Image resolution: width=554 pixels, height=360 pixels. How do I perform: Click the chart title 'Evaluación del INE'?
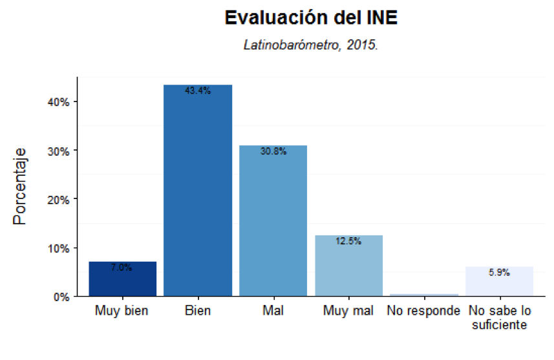coord(310,18)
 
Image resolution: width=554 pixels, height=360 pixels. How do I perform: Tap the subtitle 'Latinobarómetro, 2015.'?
coord(310,45)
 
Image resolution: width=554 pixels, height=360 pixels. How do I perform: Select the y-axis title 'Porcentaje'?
coord(21,187)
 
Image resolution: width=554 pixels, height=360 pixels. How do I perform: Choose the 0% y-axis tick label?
coord(62,297)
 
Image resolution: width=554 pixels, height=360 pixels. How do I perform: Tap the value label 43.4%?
coord(198,91)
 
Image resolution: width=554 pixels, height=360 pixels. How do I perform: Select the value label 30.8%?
coord(273,152)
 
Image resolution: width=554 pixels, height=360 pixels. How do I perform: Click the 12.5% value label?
coord(348,241)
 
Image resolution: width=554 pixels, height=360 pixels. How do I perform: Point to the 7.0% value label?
coord(122,268)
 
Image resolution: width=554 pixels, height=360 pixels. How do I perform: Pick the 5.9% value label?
coord(499,273)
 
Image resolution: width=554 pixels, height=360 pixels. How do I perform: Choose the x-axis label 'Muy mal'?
coord(348,311)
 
